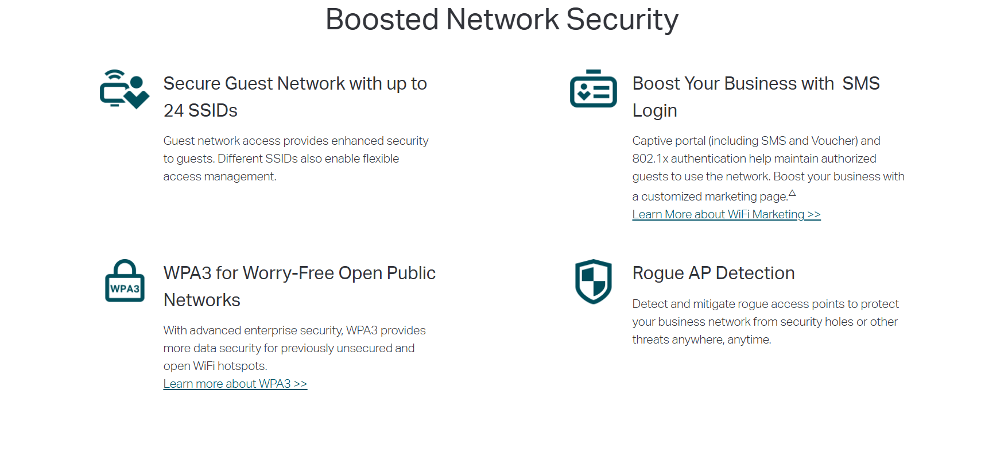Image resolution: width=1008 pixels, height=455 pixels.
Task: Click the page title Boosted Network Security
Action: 502,20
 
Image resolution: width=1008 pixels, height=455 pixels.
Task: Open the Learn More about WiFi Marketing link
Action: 726,214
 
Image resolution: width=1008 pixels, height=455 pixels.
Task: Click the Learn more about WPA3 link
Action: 235,384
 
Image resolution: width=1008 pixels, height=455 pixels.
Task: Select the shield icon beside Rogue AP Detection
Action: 594,281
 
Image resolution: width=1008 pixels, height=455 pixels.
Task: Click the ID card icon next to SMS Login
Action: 593,89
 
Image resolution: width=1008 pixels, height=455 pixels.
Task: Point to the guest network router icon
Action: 124,89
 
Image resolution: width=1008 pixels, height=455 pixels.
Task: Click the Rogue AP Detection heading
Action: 713,273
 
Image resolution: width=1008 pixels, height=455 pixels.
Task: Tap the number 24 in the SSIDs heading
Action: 173,110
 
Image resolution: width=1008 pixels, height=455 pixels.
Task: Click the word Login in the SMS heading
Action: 654,110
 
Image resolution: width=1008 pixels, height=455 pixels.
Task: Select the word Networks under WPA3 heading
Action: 201,300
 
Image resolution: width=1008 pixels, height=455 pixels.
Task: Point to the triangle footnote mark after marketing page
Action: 792,193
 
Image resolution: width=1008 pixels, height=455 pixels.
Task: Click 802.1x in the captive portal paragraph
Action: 650,159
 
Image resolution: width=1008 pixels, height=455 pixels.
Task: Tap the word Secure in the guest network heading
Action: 192,83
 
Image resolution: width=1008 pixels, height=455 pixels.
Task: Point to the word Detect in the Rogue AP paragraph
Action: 649,304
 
